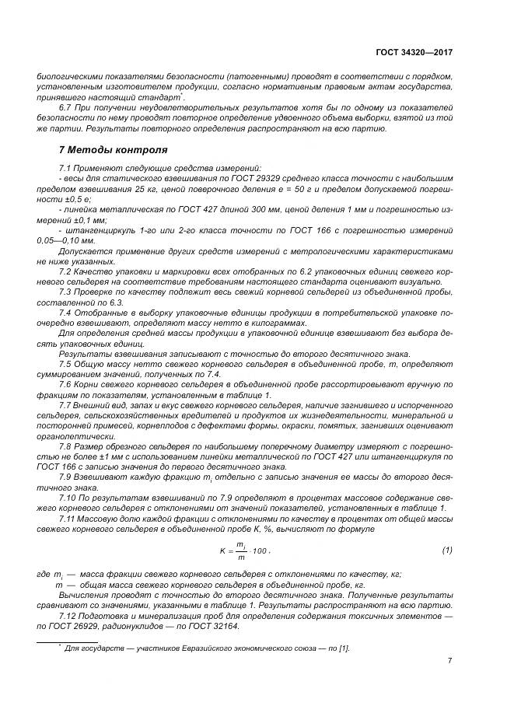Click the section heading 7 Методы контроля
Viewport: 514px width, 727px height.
click(x=113, y=149)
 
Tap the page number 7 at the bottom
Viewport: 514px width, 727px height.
click(x=449, y=660)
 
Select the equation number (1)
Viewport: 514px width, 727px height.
click(x=447, y=550)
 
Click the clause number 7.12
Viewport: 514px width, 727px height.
click(x=69, y=615)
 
